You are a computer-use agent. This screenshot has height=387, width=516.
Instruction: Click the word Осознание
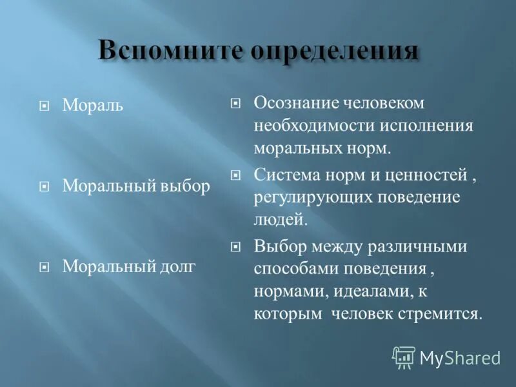293,103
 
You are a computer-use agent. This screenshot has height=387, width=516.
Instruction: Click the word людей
278,220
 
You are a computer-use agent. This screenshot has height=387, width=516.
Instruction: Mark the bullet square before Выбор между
235,246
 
